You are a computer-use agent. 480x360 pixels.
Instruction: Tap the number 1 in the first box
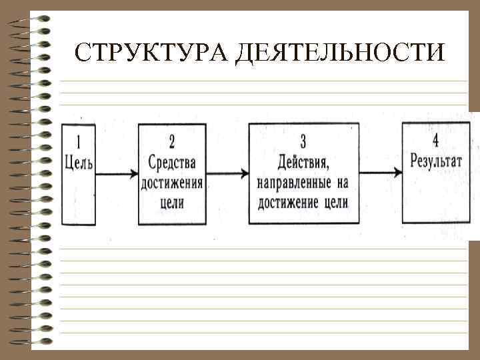click(79, 141)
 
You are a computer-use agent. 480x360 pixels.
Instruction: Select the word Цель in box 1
click(79, 162)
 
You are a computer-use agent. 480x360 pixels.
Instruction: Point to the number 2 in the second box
click(172, 141)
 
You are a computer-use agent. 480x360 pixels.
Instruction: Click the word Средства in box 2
click(172, 162)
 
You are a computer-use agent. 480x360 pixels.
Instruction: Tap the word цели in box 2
click(172, 203)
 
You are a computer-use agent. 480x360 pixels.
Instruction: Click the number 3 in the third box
click(303, 141)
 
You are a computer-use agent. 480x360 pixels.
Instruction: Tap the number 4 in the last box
click(435, 141)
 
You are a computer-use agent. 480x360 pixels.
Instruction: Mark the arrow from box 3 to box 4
click(380, 173)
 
